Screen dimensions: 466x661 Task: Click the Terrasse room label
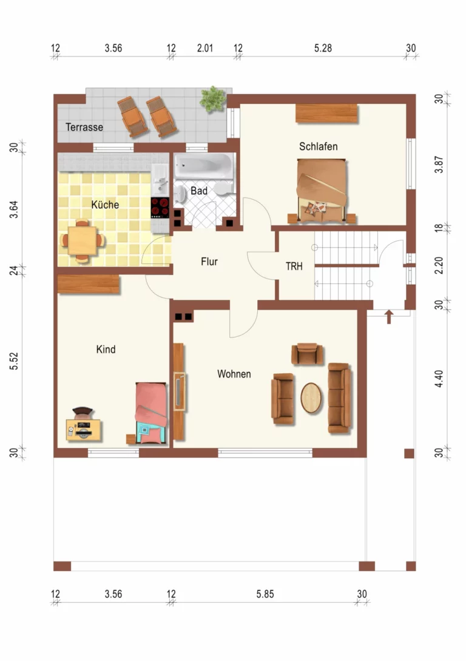(84, 127)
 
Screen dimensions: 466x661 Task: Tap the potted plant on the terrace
(212, 99)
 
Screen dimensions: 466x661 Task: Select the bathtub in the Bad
(203, 166)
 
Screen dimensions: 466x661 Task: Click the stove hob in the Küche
(160, 208)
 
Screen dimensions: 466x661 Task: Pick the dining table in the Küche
(82, 241)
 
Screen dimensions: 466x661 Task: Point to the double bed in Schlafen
(322, 190)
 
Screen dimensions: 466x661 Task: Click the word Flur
(209, 262)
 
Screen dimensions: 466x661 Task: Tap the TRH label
(294, 266)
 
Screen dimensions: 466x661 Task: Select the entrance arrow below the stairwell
(389, 317)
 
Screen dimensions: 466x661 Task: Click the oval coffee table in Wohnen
(311, 398)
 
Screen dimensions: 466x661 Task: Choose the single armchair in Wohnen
(307, 354)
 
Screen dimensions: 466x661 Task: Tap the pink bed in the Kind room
(151, 413)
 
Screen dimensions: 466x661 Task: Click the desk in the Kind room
(83, 430)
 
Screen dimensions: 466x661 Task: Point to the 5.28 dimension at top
(323, 48)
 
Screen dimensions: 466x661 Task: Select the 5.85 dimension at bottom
(265, 594)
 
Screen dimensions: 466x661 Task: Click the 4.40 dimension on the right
(439, 379)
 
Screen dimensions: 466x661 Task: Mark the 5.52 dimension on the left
(14, 361)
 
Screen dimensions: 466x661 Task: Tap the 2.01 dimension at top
(204, 48)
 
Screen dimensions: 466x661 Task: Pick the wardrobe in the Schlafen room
(326, 114)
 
